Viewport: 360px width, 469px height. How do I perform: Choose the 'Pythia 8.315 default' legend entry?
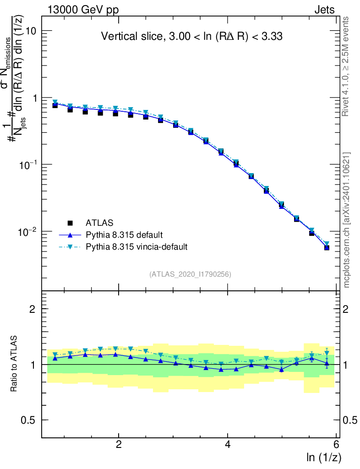click(x=124, y=235)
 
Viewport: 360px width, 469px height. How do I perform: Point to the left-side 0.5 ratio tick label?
click(x=29, y=420)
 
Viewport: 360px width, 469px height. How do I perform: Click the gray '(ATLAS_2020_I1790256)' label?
click(x=190, y=274)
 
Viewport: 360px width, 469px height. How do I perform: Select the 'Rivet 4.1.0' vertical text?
click(x=346, y=66)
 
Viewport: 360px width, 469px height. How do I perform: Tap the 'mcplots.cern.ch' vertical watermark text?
click(x=347, y=220)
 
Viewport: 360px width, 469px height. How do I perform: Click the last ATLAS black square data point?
click(x=327, y=247)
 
